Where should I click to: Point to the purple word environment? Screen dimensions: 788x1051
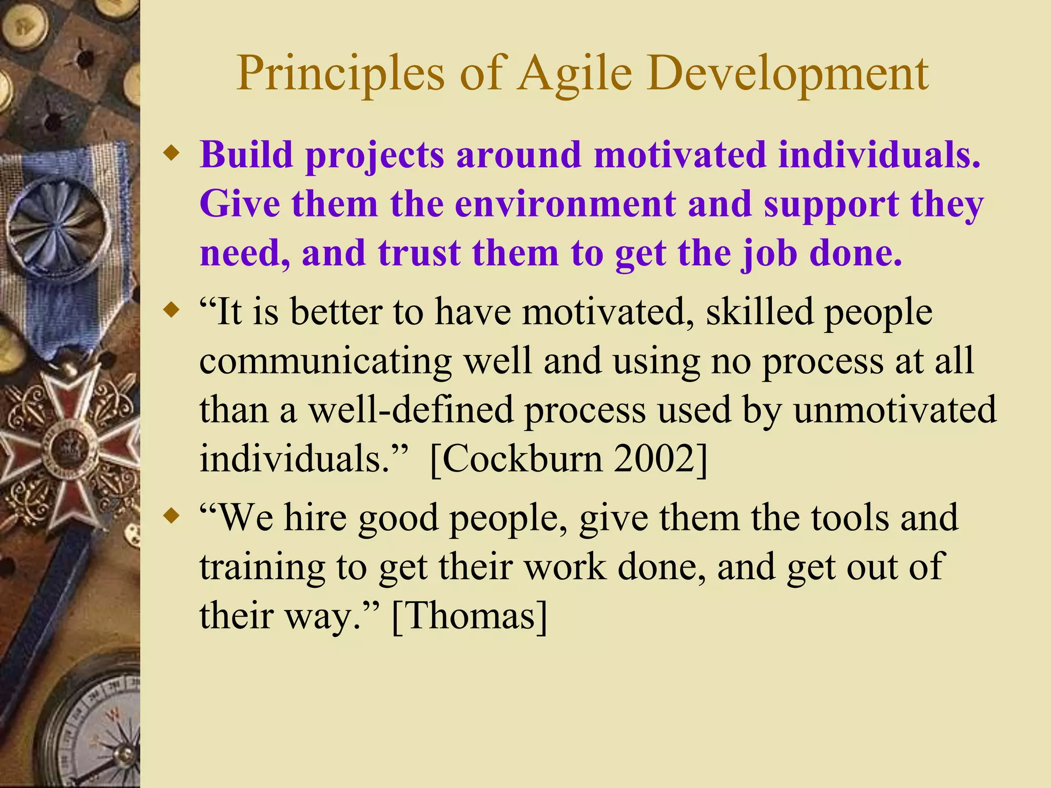pos(565,204)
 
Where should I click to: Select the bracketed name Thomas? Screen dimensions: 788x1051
pos(469,615)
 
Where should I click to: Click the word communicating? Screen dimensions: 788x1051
pos(325,361)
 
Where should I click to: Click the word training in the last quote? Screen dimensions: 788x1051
pos(262,567)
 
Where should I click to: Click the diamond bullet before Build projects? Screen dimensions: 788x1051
pos(171,153)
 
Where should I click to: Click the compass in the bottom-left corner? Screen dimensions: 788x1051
pos(98,734)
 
